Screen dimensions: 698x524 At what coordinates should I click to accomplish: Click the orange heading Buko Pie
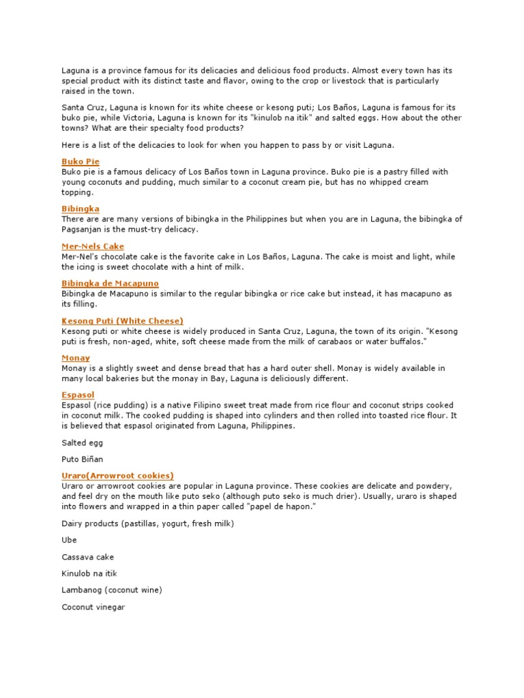81,162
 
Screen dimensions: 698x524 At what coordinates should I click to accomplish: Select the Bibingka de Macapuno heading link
110,283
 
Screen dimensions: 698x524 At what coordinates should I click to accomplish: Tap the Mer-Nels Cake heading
93,246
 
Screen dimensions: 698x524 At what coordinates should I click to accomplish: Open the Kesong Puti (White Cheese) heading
122,320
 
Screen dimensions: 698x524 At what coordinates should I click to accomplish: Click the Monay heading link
76,358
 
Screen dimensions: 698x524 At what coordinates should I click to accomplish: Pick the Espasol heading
78,395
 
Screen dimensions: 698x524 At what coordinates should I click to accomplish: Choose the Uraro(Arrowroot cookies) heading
117,475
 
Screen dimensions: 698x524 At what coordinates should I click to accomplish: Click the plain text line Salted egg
83,443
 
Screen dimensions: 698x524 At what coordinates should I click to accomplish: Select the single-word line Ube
69,540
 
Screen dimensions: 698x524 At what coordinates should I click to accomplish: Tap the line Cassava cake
87,557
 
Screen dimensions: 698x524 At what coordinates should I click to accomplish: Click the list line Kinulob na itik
89,574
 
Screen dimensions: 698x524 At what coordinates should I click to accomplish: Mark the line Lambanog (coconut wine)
111,590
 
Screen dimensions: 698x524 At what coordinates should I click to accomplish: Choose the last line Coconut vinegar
93,607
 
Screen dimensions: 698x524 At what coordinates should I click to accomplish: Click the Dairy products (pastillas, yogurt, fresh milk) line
147,523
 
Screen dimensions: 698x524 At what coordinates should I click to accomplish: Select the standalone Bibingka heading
81,209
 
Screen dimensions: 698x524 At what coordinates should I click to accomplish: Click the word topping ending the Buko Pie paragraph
76,193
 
